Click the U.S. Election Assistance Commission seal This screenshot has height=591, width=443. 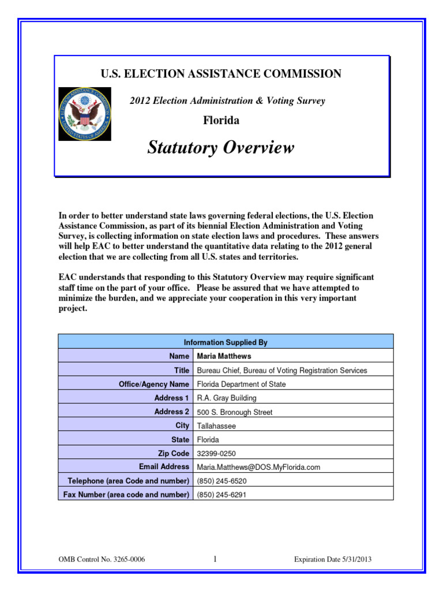(x=85, y=114)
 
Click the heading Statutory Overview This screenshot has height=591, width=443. (x=220, y=148)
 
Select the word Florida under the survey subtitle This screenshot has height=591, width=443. (x=220, y=121)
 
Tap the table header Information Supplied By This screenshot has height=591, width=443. (x=226, y=342)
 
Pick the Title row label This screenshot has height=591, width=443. (x=182, y=371)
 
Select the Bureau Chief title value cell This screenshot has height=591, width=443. (x=281, y=371)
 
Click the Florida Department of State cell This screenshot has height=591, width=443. (x=241, y=384)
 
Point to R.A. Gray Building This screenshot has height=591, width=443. (x=227, y=398)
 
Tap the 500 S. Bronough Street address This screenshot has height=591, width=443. (x=235, y=412)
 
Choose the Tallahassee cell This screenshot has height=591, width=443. (x=216, y=426)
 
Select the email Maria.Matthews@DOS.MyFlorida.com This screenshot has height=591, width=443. (x=258, y=467)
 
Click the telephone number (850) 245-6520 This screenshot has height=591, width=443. (x=221, y=481)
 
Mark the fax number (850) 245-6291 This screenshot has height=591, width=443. (x=221, y=495)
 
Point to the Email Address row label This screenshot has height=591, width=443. (x=164, y=467)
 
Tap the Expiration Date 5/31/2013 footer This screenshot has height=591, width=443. (x=337, y=559)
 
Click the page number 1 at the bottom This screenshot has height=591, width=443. (x=215, y=559)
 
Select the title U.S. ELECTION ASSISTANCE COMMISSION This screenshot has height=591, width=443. (x=221, y=74)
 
